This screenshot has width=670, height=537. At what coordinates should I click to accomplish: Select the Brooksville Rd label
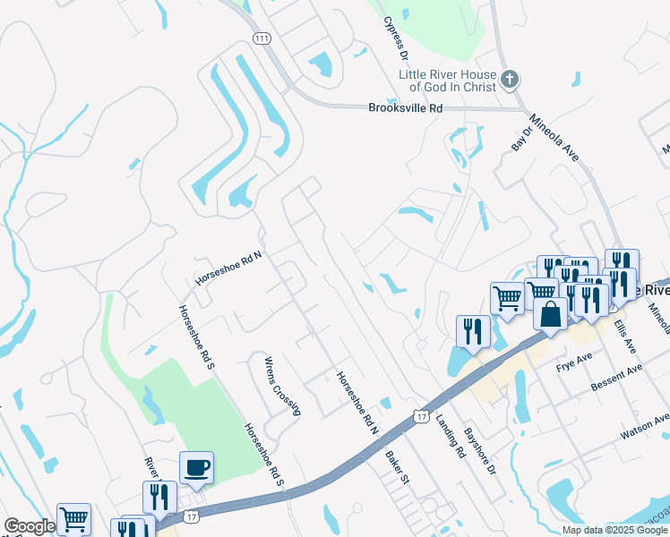(x=406, y=108)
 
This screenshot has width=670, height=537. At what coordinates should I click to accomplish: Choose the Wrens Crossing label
(x=282, y=387)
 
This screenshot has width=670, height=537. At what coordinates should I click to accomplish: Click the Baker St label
(x=397, y=467)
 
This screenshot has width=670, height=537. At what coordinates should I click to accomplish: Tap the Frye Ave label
(x=574, y=362)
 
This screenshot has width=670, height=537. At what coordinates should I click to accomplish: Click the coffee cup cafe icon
(x=196, y=467)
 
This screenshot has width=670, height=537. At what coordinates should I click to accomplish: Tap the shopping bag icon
(x=551, y=314)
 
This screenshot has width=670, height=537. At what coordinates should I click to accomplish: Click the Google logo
(x=29, y=526)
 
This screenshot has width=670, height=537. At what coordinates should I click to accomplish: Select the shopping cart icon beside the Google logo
(x=73, y=518)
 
